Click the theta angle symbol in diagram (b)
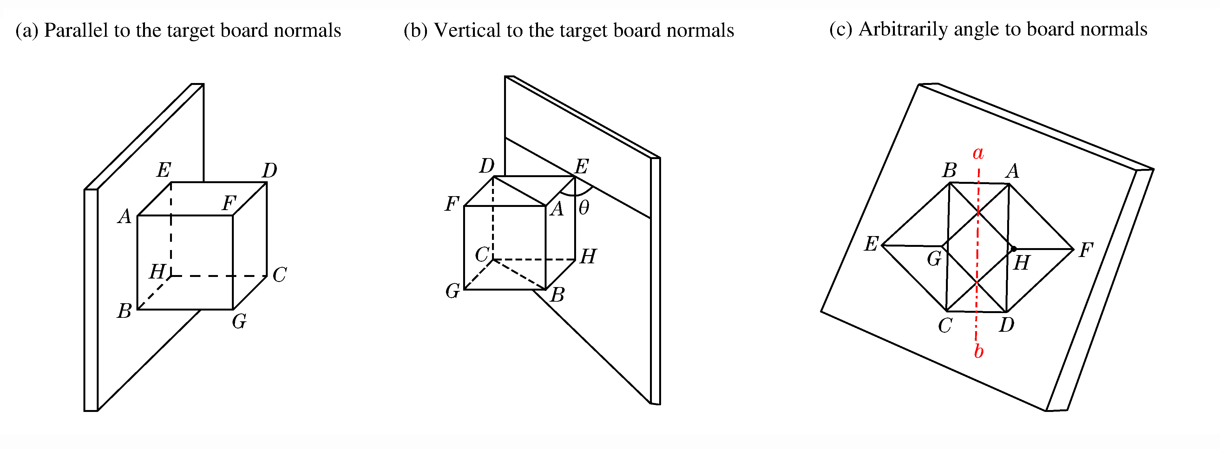point(584,207)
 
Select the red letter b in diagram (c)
point(979,351)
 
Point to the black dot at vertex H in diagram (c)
point(1013,248)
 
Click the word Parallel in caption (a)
point(76,31)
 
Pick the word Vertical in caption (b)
point(467,31)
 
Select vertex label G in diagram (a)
point(239,322)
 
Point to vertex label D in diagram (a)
point(270,170)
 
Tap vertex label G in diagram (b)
point(452,291)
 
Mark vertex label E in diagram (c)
point(871,244)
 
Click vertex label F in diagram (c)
point(1086,250)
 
